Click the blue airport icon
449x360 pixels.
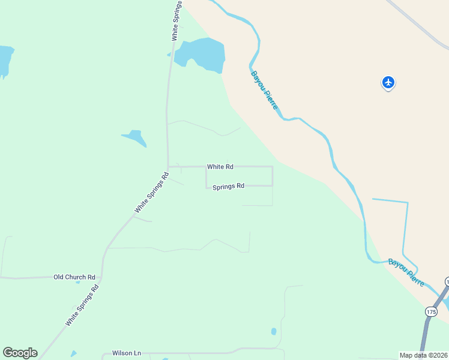click(388, 82)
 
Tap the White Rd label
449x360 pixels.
click(220, 166)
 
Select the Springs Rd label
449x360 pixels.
click(228, 186)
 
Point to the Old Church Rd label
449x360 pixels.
click(74, 277)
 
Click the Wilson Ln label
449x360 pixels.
click(126, 353)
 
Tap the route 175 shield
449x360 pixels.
click(430, 311)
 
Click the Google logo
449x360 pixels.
click(20, 353)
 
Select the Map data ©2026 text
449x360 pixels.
click(424, 355)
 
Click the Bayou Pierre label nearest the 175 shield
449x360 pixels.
click(406, 272)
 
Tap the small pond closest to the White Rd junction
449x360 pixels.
click(135, 138)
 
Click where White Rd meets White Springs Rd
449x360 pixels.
click(168, 167)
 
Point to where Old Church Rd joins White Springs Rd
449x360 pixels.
click(101, 277)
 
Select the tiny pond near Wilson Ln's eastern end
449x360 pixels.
click(274, 331)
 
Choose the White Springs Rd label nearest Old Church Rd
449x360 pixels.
click(82, 305)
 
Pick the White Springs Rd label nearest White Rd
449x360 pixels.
click(152, 193)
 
